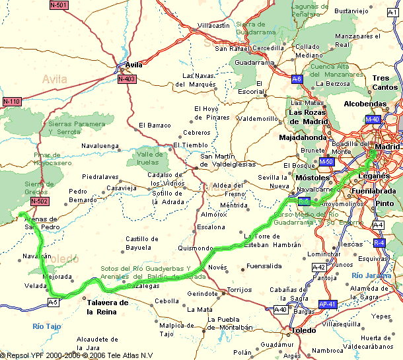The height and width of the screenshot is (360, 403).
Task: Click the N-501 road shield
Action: (59, 5)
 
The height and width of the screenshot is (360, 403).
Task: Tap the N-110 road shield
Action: (11, 102)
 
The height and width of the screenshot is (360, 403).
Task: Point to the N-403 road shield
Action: (127, 79)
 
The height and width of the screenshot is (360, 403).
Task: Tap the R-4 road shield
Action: (379, 243)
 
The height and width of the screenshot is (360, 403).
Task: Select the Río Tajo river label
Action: (47, 326)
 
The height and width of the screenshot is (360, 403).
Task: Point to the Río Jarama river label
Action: (371, 275)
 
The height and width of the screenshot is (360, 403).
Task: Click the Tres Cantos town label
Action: (385, 83)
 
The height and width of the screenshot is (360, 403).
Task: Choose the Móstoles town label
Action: (312, 178)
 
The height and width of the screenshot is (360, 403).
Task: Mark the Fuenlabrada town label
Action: (374, 191)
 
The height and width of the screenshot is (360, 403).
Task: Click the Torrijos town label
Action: (238, 290)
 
